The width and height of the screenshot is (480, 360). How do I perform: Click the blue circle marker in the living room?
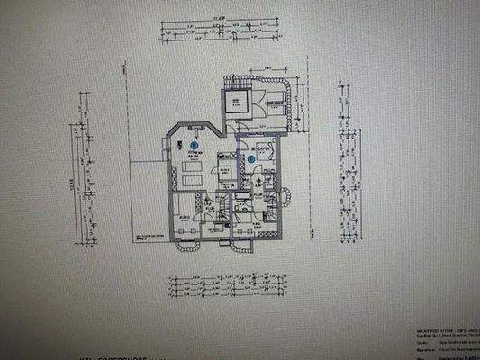tap(194, 145)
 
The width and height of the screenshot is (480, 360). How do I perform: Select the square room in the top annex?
tap(237, 103)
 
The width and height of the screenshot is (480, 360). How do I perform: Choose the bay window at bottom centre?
tap(240, 241)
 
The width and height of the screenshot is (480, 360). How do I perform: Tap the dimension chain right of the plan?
tap(347, 184)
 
